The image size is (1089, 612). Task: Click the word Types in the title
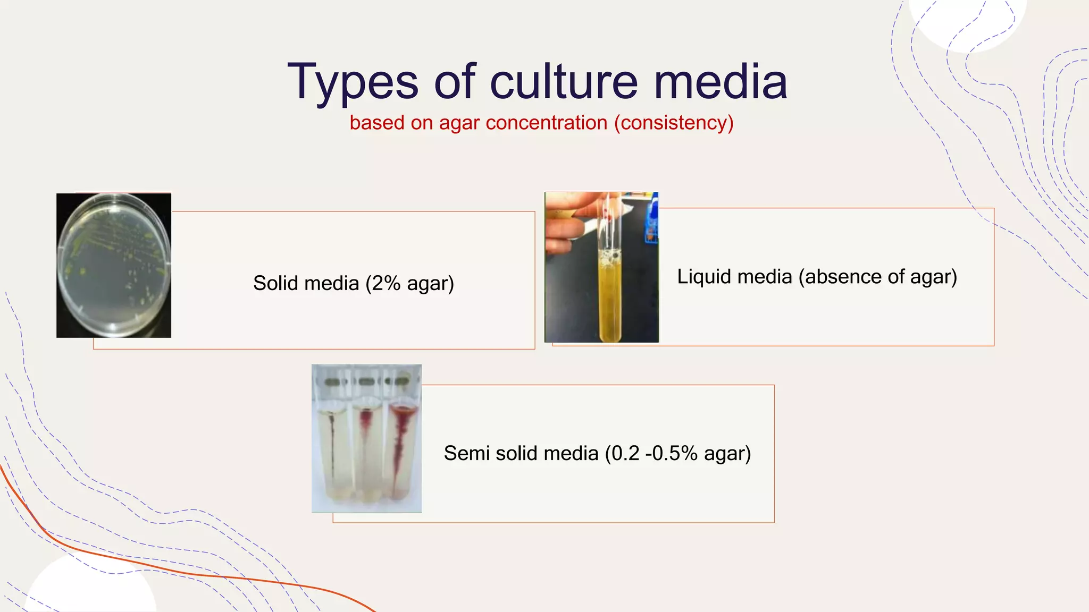pos(353,82)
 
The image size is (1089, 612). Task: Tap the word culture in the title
pos(564,82)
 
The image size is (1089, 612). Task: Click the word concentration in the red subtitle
pos(546,123)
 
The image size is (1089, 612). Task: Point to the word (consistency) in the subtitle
pos(674,123)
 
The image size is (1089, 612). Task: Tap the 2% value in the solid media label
pos(386,283)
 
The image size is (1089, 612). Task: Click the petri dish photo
pos(114,265)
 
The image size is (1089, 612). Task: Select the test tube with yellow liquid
pos(609,297)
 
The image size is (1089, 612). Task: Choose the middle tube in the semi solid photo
pos(366,452)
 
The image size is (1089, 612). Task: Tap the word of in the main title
pos(455,82)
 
